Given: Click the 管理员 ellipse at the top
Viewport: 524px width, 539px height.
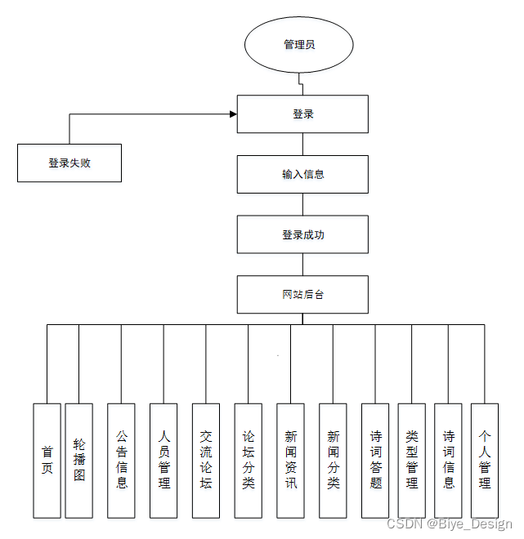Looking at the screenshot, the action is (x=298, y=45).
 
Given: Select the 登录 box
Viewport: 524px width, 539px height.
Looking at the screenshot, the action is (x=302, y=114).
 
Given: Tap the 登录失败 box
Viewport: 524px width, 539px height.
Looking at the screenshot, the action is (x=69, y=163).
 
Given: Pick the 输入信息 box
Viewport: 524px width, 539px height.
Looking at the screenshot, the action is (x=302, y=174).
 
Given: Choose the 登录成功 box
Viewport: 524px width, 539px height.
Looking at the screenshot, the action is (x=302, y=234).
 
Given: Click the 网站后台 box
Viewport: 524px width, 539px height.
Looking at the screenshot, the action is (x=302, y=294).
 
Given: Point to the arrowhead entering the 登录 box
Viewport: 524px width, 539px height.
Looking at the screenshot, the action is (x=233, y=114).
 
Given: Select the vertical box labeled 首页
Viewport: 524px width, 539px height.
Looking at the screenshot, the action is (x=47, y=461).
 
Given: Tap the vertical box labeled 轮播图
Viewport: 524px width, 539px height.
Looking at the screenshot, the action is (x=78, y=461).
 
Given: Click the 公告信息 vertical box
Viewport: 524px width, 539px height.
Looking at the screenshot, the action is (x=121, y=461).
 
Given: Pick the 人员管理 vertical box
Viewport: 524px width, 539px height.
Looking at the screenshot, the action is (x=163, y=461).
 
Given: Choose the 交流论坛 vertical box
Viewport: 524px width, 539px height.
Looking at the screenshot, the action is (x=206, y=461).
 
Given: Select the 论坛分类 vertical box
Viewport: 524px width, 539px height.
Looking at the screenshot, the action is (x=248, y=461).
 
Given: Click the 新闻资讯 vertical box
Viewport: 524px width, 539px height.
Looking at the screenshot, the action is (x=290, y=461).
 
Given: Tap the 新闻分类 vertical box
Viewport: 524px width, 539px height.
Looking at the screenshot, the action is (x=333, y=461).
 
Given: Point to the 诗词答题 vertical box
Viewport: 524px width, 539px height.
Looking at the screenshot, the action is (x=375, y=461).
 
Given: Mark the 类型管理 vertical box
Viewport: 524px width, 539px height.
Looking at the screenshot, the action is (x=411, y=461).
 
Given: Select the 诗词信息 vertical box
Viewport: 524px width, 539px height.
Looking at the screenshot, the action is (x=448, y=461).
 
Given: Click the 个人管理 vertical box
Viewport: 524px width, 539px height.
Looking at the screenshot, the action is (x=485, y=461).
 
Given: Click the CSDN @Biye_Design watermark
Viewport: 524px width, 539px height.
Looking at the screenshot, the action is (x=450, y=524).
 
